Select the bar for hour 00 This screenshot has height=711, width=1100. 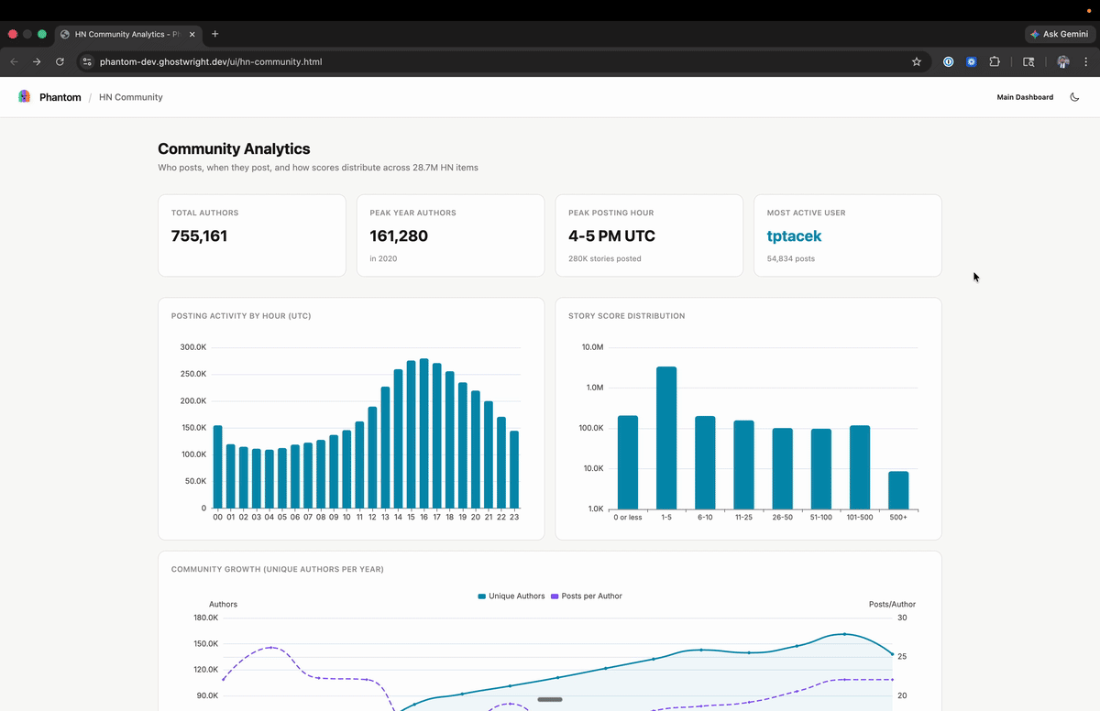tap(217, 466)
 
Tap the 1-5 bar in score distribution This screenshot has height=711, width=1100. tap(666, 437)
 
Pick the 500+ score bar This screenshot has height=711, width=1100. tap(898, 489)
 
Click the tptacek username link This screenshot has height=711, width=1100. tap(794, 235)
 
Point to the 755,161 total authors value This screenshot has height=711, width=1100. tap(199, 235)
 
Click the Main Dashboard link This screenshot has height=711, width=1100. tap(1025, 97)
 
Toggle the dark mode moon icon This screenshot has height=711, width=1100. tap(1074, 97)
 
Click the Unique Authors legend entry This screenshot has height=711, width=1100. tap(511, 596)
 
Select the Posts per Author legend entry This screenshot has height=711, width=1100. tap(586, 596)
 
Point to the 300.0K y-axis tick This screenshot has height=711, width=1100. tap(192, 347)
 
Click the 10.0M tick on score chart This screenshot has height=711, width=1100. tap(592, 347)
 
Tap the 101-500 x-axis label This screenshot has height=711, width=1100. tap(860, 518)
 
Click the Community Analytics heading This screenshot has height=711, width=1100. tap(234, 148)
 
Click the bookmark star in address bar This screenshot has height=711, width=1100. tap(916, 62)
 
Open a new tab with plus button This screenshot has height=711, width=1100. tap(215, 34)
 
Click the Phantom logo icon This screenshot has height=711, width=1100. tap(25, 96)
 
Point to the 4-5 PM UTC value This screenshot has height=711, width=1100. tap(611, 235)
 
